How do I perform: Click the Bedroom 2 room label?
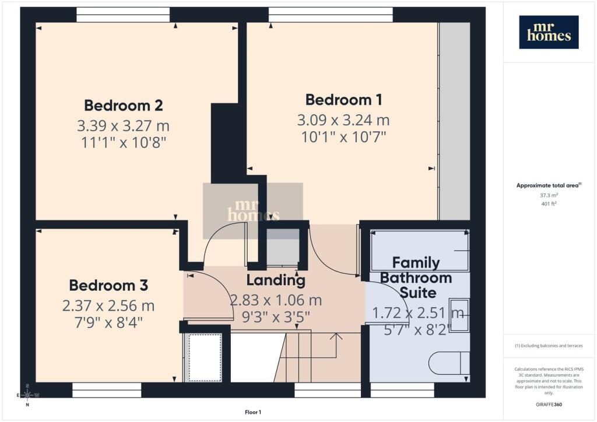124,105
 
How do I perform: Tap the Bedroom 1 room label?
344,100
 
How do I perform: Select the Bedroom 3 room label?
108,286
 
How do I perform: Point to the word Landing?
276,280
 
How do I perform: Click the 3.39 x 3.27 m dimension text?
124,125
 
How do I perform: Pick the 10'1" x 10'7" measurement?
344,136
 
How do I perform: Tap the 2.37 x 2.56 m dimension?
108,305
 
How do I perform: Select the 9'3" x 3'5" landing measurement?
276,316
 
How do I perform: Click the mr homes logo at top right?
549,32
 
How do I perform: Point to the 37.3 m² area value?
549,195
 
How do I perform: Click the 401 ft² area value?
549,203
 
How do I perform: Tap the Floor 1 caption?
253,412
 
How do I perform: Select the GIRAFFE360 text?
549,405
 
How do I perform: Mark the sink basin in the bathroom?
459,315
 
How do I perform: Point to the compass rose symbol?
27,395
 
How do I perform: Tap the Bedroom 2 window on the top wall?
123,15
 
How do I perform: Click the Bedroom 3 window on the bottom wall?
107,390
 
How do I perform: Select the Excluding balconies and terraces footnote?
549,346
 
